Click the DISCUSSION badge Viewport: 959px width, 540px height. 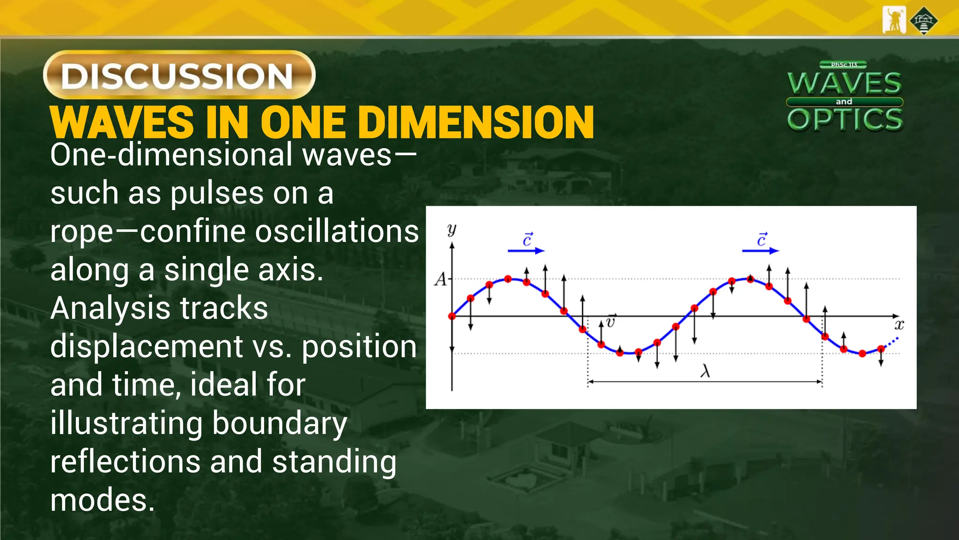click(x=179, y=75)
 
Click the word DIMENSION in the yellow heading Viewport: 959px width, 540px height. click(x=478, y=122)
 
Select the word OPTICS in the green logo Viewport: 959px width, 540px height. click(x=845, y=119)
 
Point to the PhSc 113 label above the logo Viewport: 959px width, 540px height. click(x=843, y=65)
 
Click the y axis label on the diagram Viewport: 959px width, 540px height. click(x=452, y=230)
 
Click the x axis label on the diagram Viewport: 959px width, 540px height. click(x=899, y=324)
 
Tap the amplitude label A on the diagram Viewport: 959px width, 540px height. click(x=441, y=279)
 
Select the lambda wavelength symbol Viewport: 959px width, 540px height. click(x=705, y=371)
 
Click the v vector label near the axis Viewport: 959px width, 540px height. click(x=610, y=322)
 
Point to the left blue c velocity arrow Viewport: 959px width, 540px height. click(x=526, y=250)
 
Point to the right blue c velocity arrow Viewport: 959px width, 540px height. click(x=760, y=250)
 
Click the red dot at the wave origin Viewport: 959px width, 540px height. click(x=452, y=316)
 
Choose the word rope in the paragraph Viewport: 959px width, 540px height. click(x=81, y=232)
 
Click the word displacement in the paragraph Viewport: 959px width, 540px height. click(x=146, y=347)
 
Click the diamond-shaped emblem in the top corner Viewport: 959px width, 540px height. click(x=923, y=21)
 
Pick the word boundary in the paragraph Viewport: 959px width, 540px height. click(x=280, y=423)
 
